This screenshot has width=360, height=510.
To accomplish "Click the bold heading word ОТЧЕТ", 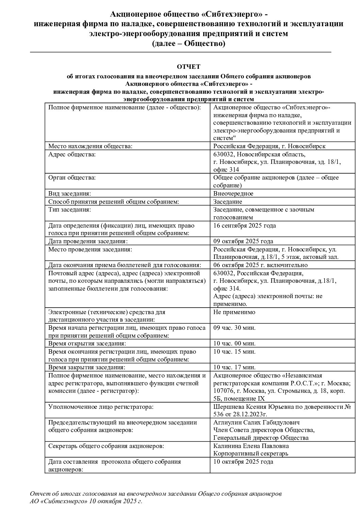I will click(x=189, y=66).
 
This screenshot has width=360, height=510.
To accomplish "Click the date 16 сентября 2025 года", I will click(x=244, y=226).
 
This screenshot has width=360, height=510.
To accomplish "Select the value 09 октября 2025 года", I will click(x=243, y=241).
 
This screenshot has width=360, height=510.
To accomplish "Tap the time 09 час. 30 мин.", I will click(x=234, y=328).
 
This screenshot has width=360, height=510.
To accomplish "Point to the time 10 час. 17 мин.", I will click(x=234, y=367).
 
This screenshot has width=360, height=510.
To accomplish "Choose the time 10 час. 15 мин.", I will click(x=234, y=351).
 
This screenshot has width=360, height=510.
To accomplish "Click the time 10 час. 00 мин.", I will click(x=234, y=343).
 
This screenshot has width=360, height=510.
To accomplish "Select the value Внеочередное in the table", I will click(x=233, y=194).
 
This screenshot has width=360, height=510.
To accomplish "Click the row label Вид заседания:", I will click(x=69, y=194).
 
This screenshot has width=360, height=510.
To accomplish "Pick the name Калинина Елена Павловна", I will click(x=251, y=446).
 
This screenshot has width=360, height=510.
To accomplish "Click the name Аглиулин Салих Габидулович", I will click(x=256, y=422).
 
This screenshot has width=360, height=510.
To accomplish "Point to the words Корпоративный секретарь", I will click(x=250, y=453).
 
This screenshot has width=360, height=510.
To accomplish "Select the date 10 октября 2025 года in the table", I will click(x=243, y=462).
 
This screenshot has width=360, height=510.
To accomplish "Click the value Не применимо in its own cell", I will click(x=234, y=312).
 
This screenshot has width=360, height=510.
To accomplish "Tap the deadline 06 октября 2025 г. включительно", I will click(x=260, y=265).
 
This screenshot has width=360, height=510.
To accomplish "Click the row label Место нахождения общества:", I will click(x=90, y=146).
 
